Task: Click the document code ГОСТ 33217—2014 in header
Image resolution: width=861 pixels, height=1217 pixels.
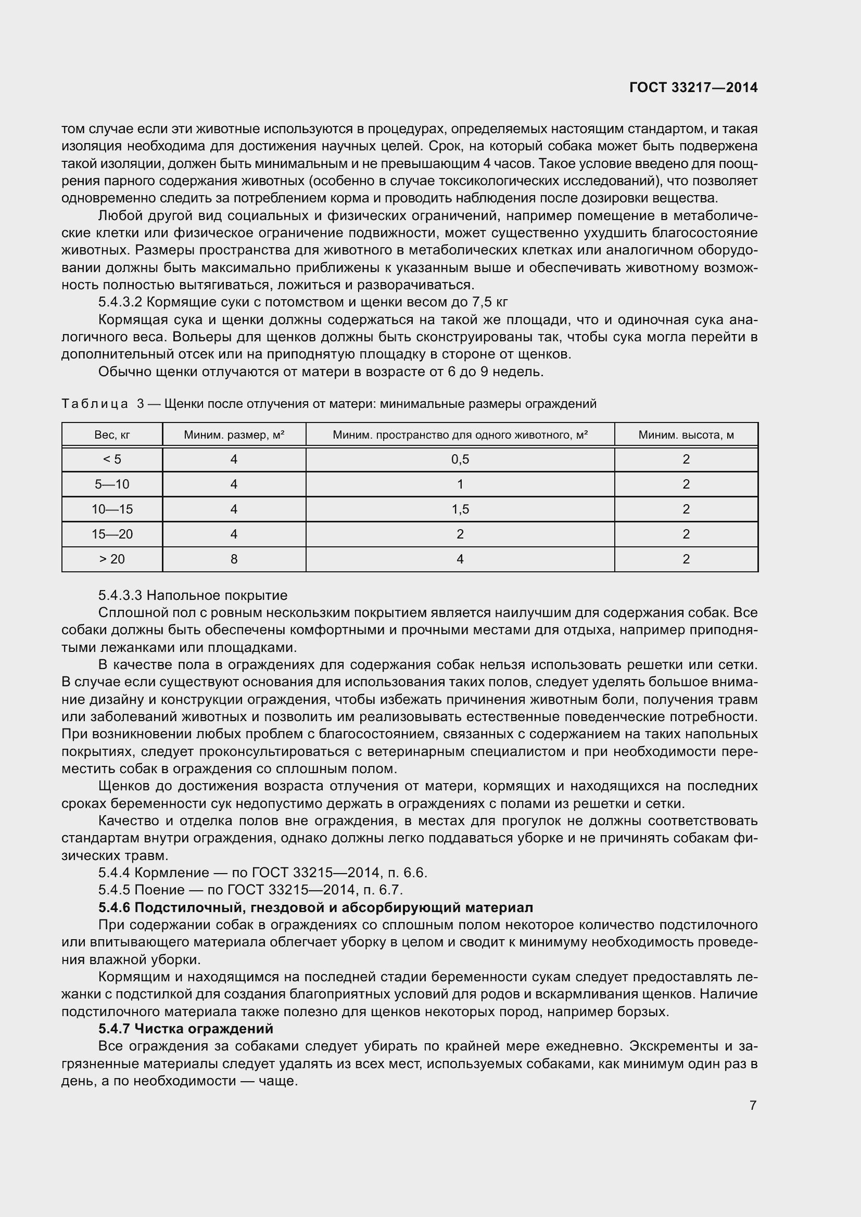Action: click(x=693, y=88)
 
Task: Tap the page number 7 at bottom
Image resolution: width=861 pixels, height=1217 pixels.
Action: click(x=753, y=1106)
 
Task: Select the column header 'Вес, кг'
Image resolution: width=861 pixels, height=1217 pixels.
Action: click(x=112, y=435)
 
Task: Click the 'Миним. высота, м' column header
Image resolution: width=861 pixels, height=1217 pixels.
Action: click(x=686, y=435)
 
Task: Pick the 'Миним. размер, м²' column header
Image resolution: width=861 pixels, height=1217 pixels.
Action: click(x=234, y=435)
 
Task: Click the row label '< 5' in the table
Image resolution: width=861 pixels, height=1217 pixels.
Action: click(x=112, y=459)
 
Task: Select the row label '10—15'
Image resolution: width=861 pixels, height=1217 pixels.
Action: click(x=112, y=509)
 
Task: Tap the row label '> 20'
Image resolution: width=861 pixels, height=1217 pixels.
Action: click(x=112, y=559)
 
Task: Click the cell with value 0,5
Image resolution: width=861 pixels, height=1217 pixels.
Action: click(x=460, y=459)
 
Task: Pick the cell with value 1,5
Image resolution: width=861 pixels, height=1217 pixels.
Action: click(x=460, y=509)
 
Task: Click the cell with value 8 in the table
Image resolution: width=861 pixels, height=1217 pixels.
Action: click(x=234, y=559)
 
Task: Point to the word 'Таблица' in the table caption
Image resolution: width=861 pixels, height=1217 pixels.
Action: click(x=94, y=404)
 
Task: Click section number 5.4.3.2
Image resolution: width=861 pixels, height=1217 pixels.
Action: click(x=120, y=303)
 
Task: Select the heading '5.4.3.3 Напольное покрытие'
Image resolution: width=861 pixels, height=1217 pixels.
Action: click(x=193, y=595)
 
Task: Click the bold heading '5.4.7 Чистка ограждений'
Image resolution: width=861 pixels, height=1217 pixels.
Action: click(x=185, y=1029)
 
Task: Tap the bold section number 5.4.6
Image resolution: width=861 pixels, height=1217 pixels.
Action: click(x=114, y=907)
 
